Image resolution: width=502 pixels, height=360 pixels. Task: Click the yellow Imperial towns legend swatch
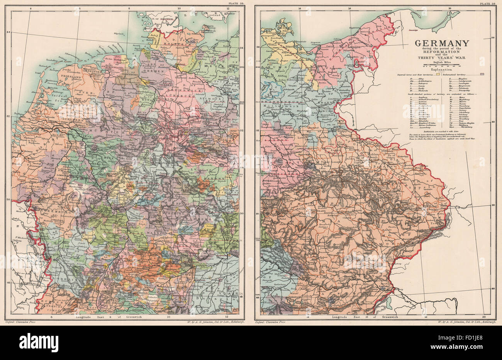tap(448, 73)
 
